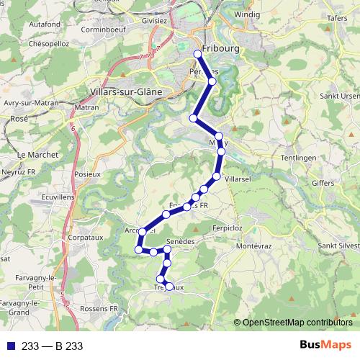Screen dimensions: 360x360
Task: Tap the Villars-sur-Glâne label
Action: (127, 91)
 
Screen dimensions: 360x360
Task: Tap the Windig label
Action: (247, 14)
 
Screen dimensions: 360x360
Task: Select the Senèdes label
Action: (181, 241)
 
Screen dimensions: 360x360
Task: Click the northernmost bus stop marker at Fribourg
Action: (198, 54)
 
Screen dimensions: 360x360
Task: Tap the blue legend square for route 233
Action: (9, 346)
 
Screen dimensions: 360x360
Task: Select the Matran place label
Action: (86, 107)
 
